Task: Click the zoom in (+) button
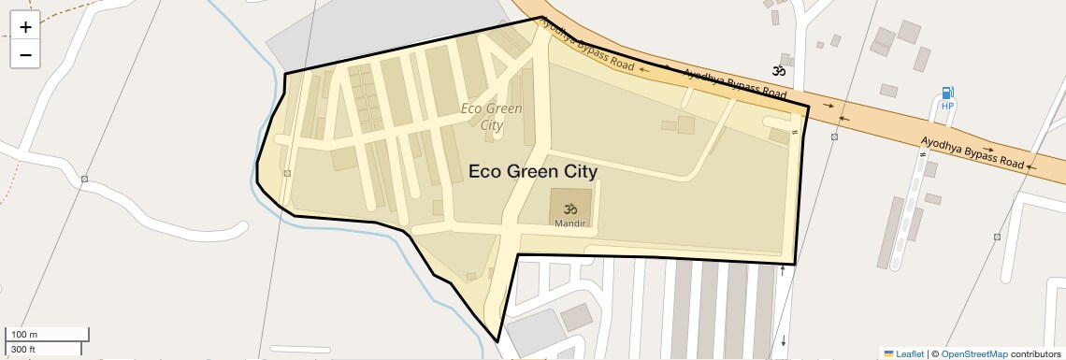tap(25, 27)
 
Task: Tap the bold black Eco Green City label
tap(532, 172)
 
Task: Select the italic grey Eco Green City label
tap(492, 116)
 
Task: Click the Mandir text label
tap(569, 224)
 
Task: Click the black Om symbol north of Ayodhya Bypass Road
tap(778, 70)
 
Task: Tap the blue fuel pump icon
tap(947, 93)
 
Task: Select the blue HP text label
tap(947, 106)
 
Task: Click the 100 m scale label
tap(24, 334)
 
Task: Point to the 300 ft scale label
tap(23, 349)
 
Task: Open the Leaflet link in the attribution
tap(910, 353)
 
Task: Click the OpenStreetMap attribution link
tap(973, 353)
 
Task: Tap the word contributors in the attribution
tap(1036, 353)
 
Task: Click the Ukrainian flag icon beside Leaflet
tap(888, 353)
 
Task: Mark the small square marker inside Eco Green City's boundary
tap(287, 173)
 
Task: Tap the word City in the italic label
tap(492, 125)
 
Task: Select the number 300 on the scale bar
tap(17, 349)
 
